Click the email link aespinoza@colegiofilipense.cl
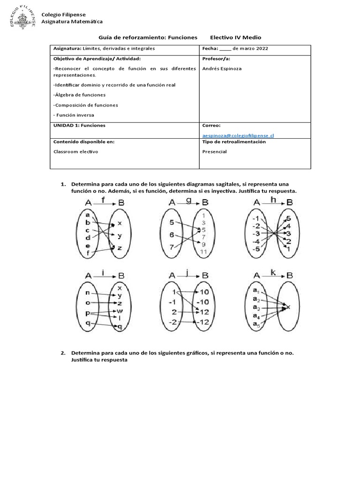[238, 135]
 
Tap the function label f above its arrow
[104, 200]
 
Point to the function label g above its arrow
[189, 200]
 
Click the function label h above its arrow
[273, 200]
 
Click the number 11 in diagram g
[203, 252]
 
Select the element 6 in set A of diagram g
[172, 234]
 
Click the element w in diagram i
[120, 311]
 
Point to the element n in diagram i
[88, 293]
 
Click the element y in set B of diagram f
[120, 236]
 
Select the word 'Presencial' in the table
[214, 151]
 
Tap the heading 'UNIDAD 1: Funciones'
[80, 125]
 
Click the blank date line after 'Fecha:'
[225, 49]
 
